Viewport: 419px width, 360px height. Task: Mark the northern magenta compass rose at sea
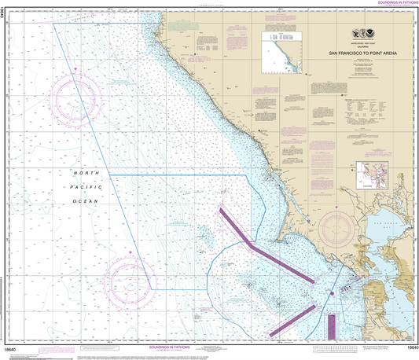76,99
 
